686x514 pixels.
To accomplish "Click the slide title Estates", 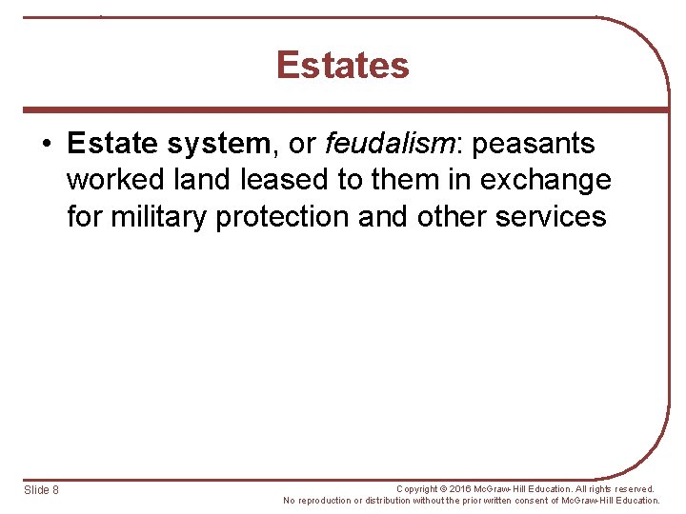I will [x=343, y=66].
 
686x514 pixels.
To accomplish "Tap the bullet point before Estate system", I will [x=47, y=145].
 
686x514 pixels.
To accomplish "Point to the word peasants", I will [x=534, y=144].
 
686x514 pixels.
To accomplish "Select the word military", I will [x=159, y=216].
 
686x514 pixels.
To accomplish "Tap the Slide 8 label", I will [x=41, y=490].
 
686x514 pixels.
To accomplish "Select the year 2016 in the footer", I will [x=465, y=489].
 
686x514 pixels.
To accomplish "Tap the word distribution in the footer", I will [x=385, y=501].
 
